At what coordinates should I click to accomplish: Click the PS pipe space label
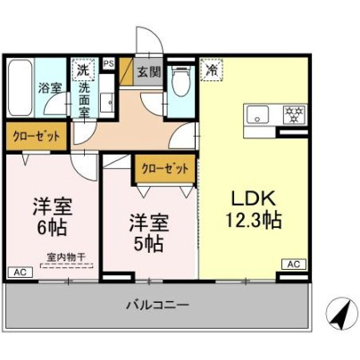click(x=108, y=64)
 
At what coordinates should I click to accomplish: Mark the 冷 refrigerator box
click(x=212, y=68)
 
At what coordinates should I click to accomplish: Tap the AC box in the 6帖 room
click(x=19, y=272)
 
